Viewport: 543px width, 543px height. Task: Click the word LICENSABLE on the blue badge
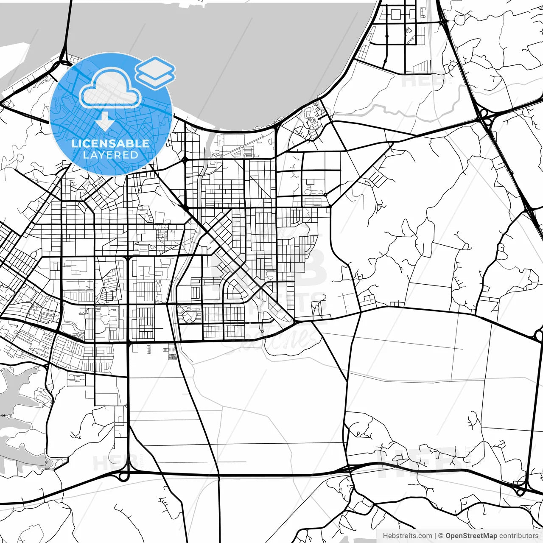[x=110, y=143]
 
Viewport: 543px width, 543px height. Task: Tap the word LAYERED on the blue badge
[x=110, y=155]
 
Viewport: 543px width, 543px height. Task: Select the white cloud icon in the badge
[x=111, y=90]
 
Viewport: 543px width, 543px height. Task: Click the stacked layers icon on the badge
[x=155, y=73]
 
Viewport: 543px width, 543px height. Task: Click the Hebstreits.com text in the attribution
[x=407, y=536]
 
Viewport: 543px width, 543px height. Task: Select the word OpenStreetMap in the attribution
[x=471, y=536]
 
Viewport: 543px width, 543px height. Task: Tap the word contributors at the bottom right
[x=518, y=536]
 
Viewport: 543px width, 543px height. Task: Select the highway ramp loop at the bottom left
[x=123, y=476]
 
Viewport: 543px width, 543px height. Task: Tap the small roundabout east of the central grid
[x=325, y=195]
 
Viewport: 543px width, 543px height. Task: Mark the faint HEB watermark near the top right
[x=418, y=78]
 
